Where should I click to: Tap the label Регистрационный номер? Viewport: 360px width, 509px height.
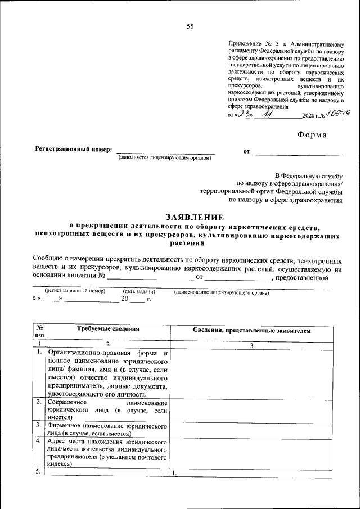point(74,150)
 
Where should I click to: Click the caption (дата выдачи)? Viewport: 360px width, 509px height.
point(138,292)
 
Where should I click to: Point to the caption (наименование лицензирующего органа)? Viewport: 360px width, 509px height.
point(222,292)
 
